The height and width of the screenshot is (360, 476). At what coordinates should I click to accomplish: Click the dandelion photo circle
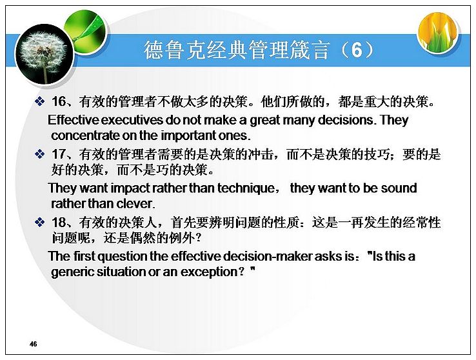click(x=45, y=55)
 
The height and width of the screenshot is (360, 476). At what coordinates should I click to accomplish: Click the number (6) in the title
click(x=357, y=50)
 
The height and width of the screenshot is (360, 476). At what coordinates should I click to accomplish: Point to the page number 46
click(x=33, y=344)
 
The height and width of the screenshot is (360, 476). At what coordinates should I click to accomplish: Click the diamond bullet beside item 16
click(x=40, y=101)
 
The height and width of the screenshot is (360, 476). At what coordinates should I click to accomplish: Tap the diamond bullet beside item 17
click(x=40, y=154)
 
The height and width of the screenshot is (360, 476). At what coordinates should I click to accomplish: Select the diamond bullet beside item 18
click(x=40, y=223)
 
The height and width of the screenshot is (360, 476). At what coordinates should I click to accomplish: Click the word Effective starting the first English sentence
click(x=74, y=120)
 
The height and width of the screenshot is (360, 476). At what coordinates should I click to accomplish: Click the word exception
click(x=208, y=272)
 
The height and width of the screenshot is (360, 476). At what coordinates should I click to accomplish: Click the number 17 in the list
click(x=59, y=154)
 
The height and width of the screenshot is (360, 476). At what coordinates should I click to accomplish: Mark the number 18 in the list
click(x=59, y=223)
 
